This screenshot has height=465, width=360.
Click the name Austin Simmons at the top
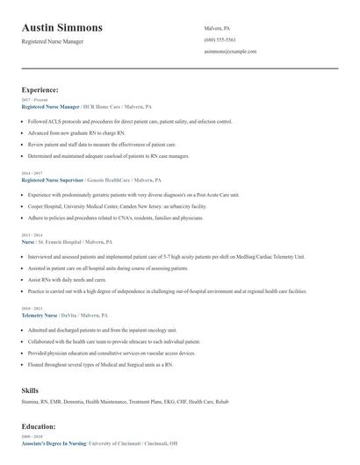click(x=61, y=27)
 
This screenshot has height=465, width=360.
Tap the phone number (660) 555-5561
click(x=219, y=39)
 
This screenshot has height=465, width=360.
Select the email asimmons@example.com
click(x=230, y=52)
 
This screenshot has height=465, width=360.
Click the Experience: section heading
click(x=40, y=89)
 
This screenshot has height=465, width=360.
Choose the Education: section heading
click(x=40, y=426)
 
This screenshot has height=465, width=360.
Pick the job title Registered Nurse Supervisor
click(x=57, y=178)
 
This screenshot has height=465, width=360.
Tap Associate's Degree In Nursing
click(x=54, y=443)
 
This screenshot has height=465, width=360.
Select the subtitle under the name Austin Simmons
click(x=52, y=41)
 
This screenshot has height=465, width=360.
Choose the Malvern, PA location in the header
click(x=217, y=28)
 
